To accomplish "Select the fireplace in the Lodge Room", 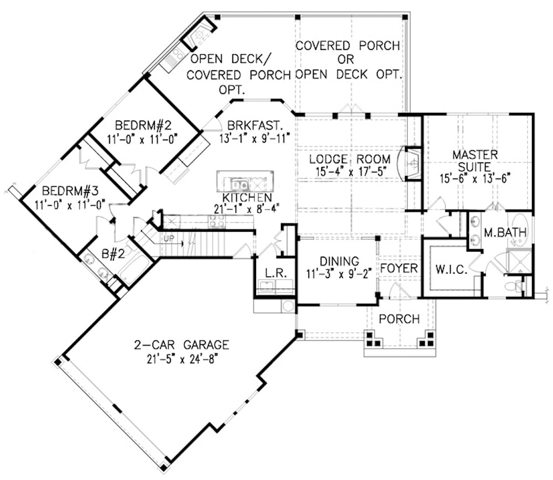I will click(x=412, y=163).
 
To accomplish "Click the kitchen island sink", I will click(x=239, y=184).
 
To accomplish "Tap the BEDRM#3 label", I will click(x=70, y=191).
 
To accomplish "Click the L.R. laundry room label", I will click(x=274, y=273).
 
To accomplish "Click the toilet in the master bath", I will click(x=514, y=286).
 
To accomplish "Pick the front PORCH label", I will click(x=399, y=319).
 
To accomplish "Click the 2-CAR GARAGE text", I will click(x=181, y=345).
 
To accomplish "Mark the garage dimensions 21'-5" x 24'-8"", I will click(x=181, y=358).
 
